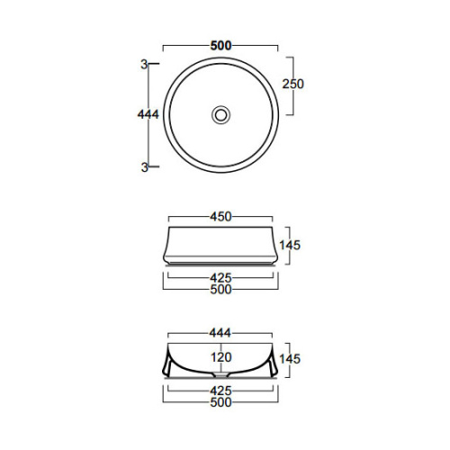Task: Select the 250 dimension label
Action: point(294,84)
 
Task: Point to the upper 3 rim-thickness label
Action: point(143,64)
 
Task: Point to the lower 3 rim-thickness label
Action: point(143,166)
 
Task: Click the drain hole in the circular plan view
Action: point(220,114)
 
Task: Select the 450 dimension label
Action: point(220,216)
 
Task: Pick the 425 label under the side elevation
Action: point(220,277)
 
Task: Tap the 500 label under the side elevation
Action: point(220,289)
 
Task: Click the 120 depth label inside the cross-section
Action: point(220,356)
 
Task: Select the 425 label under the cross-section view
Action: point(220,391)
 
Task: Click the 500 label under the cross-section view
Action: point(220,402)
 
